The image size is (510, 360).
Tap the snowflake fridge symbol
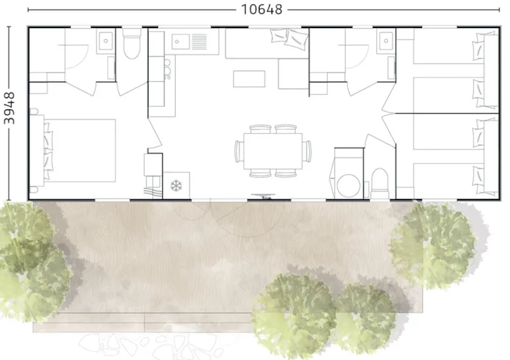175,185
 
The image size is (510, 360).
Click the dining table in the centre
273,152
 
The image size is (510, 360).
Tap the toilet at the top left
132,45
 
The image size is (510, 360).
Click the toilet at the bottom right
380,181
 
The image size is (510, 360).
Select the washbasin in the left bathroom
105,42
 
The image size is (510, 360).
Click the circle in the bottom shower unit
348,185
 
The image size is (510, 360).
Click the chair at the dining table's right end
309,152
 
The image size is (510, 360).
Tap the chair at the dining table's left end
238,152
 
